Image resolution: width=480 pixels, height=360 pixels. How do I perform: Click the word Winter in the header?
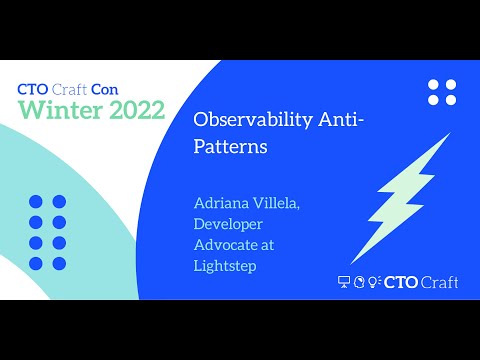57,110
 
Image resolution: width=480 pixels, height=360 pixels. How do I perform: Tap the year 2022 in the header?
131,110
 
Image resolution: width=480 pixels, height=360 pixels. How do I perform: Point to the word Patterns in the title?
229,145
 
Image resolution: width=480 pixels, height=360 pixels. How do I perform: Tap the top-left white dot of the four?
433,85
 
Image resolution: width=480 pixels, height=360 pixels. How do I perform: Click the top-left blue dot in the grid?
36,201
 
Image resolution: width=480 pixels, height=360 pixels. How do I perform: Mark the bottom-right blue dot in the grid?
59,264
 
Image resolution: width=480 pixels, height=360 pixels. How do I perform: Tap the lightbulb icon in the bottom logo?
374,282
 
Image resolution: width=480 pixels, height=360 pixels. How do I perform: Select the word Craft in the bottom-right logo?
439,282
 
